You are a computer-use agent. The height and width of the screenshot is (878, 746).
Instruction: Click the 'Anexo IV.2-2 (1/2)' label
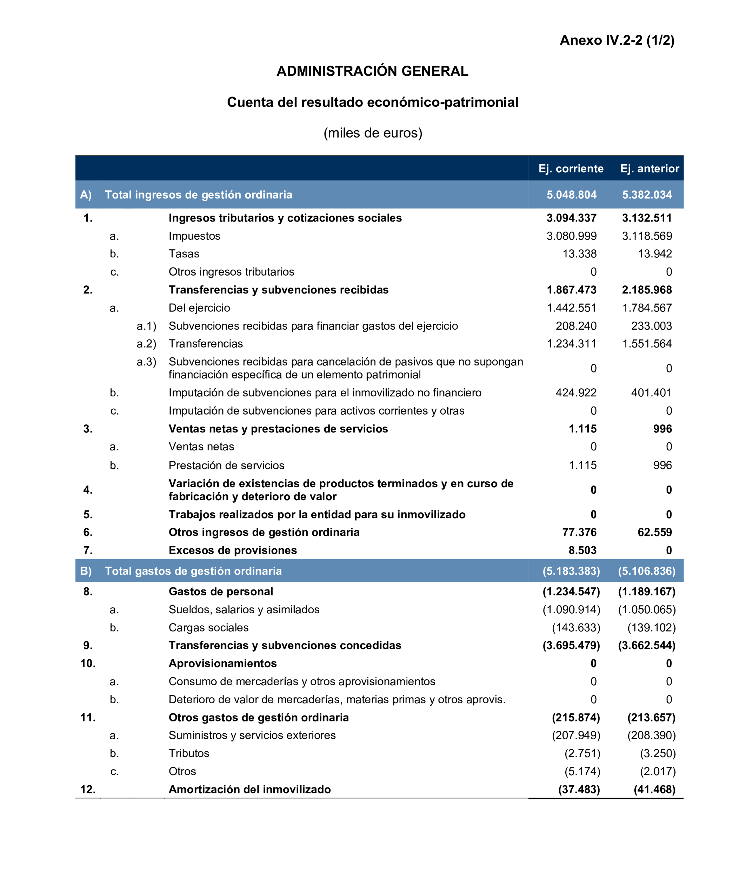tap(617, 40)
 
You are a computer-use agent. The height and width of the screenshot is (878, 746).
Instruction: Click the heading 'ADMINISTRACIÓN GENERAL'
tap(372, 71)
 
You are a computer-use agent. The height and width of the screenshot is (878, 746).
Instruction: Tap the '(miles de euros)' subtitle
tap(373, 133)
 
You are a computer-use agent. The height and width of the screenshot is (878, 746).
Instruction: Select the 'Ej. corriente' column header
tap(571, 169)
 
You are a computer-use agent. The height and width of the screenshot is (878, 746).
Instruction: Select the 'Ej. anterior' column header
tap(649, 169)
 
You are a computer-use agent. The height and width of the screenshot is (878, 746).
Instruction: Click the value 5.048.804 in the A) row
tap(571, 194)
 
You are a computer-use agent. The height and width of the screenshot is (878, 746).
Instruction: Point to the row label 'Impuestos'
tap(194, 236)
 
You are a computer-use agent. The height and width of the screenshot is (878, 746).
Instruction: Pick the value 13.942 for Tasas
tap(655, 254)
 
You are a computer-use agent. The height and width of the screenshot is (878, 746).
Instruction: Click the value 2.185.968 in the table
tap(647, 290)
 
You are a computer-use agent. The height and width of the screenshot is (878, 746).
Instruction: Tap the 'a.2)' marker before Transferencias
tap(146, 344)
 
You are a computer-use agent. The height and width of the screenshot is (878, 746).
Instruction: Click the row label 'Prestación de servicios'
tap(226, 466)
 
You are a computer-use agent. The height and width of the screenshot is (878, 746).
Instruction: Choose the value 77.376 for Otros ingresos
tap(579, 532)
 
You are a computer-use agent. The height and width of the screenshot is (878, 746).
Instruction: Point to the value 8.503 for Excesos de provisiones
tap(582, 550)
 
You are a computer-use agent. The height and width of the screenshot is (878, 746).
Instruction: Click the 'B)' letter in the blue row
tap(86, 571)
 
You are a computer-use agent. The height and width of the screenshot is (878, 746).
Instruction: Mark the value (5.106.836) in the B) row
tap(647, 571)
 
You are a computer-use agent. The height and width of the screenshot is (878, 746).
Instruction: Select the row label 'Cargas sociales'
tap(208, 627)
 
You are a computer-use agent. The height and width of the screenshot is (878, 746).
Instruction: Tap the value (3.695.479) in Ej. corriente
tap(571, 645)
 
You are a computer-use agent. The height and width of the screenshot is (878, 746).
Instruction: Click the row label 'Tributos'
tap(189, 753)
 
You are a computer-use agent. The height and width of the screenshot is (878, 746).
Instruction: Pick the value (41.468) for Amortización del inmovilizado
tap(654, 789)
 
